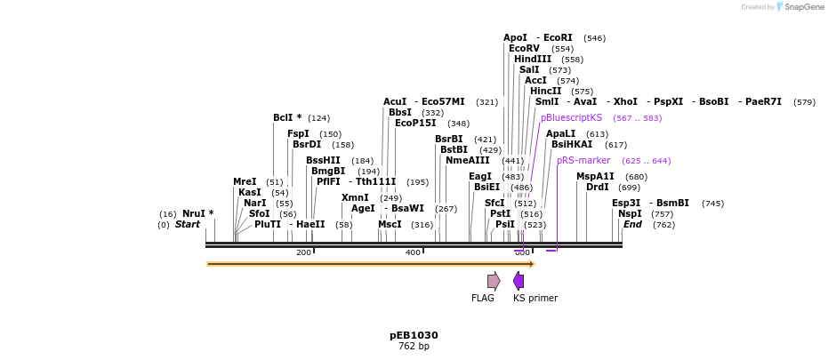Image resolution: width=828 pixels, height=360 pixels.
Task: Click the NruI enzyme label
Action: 195,213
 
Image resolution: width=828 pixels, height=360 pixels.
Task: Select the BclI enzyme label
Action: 284,117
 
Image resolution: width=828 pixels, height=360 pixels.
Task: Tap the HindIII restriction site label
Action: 533,59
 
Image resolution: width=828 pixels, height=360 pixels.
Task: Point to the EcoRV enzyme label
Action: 524,48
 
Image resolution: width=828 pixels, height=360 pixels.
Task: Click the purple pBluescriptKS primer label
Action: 571,117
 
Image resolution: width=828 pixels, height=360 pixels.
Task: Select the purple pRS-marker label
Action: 583,160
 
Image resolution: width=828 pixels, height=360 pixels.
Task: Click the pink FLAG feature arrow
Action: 493,281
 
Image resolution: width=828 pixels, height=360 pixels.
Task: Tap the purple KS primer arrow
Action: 519,281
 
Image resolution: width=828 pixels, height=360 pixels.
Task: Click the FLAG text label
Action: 483,298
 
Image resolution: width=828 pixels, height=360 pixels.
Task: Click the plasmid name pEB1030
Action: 414,335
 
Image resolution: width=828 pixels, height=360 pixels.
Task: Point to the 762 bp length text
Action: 414,346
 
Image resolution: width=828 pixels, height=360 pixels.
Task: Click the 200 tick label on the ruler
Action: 303,252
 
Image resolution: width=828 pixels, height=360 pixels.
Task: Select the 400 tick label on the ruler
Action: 413,252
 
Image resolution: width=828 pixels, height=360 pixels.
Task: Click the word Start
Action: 187,224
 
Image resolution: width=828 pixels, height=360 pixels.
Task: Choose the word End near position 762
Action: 632,224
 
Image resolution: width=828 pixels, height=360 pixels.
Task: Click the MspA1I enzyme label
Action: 595,176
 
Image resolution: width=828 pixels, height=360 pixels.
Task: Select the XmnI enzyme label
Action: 355,197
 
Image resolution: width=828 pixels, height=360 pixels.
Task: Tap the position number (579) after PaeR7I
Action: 804,101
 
